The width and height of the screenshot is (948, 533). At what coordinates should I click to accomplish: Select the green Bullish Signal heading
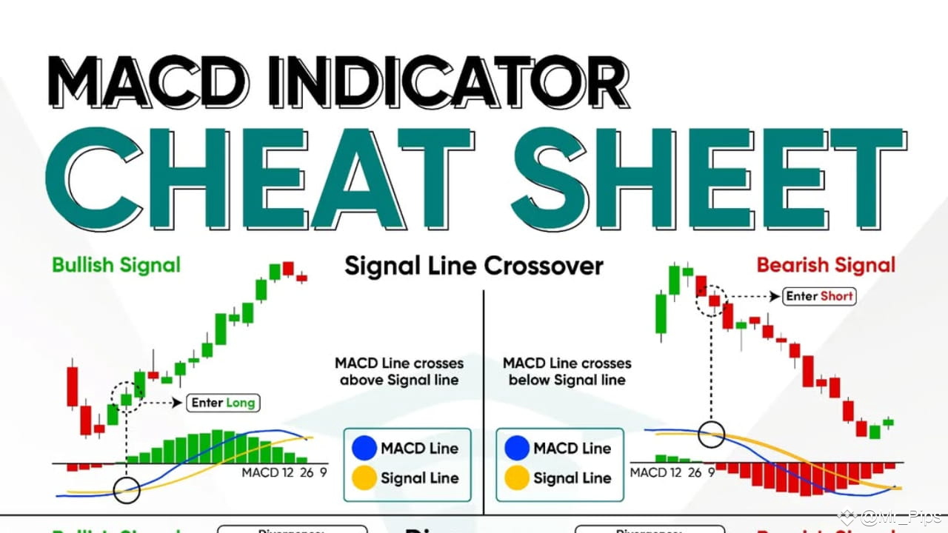(116, 265)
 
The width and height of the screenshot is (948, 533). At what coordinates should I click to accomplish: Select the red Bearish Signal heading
(825, 265)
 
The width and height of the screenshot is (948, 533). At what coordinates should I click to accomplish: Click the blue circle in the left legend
(364, 448)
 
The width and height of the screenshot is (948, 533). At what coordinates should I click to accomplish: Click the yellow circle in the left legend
(364, 478)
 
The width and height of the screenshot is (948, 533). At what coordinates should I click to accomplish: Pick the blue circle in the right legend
(516, 448)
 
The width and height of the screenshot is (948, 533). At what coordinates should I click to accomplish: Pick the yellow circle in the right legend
(516, 478)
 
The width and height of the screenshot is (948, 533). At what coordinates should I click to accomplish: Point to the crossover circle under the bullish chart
(127, 489)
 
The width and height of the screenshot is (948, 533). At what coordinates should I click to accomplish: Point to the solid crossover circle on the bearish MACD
(712, 434)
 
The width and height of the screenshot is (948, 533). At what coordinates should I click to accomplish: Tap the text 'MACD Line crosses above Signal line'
(399, 372)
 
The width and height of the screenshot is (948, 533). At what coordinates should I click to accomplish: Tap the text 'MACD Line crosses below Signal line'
(567, 372)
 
